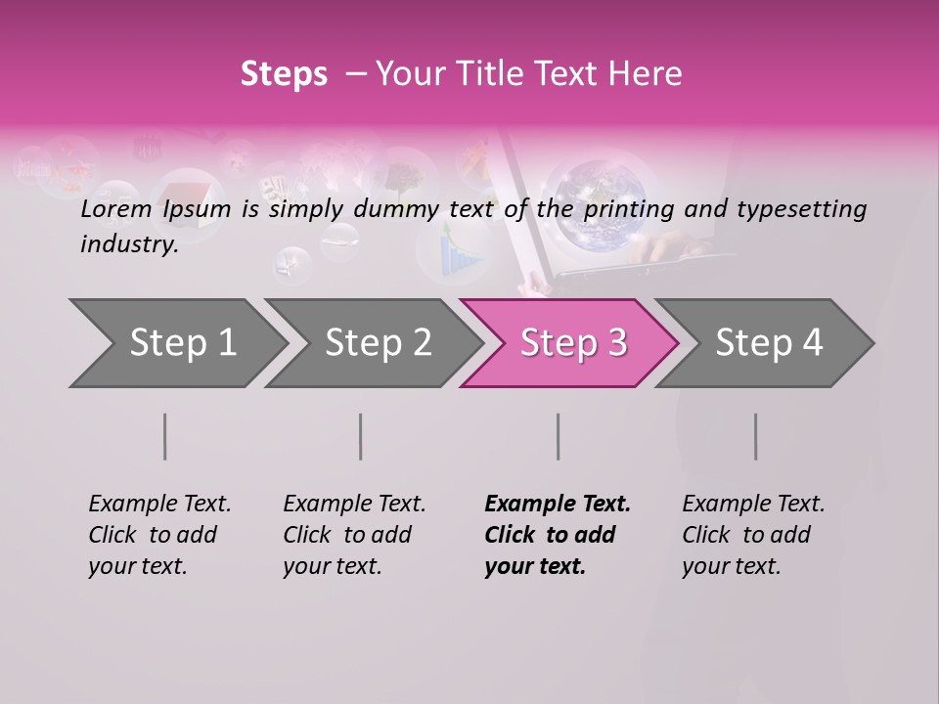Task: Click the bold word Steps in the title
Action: point(284,74)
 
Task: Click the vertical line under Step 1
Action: point(165,436)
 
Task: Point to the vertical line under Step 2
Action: point(361,436)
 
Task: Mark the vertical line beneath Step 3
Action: point(559,436)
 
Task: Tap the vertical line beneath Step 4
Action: point(756,436)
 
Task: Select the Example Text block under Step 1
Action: point(159,535)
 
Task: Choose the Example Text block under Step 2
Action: point(354,535)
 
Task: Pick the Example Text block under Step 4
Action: point(753,535)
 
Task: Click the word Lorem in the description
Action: point(115,209)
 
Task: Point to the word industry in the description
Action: point(129,244)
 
